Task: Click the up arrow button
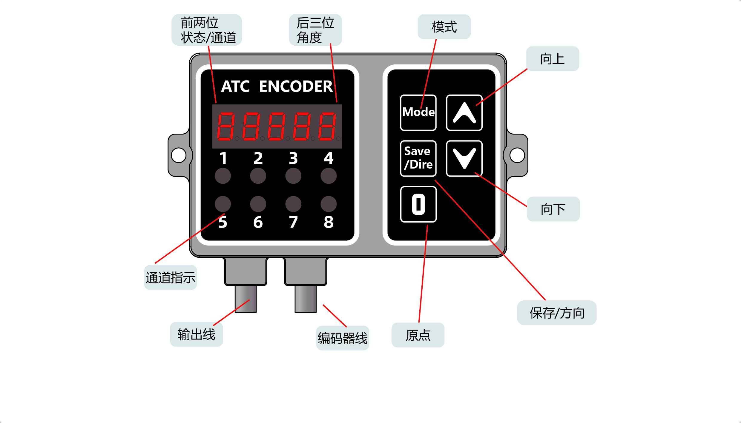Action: point(464,113)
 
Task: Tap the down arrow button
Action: point(464,158)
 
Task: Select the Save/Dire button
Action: point(418,158)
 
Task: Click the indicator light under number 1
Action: point(223,176)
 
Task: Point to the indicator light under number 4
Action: point(329,176)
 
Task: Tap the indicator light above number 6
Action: point(258,204)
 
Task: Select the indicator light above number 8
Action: point(329,204)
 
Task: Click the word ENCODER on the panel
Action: point(296,87)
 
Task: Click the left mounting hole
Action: point(179,155)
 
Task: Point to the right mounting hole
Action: point(517,155)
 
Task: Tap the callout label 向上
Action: point(553,59)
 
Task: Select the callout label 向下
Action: point(553,209)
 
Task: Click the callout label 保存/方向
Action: point(557,313)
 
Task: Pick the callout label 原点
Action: point(418,335)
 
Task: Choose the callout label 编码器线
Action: point(343,338)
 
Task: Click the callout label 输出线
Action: point(196,334)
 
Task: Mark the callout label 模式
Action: point(444,27)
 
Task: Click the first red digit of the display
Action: point(225,126)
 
